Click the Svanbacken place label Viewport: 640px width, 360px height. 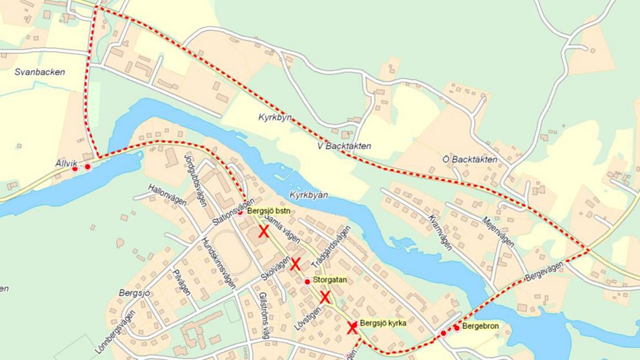click(40, 72)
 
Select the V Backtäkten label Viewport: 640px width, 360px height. click(345, 146)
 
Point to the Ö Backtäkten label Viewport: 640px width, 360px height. click(470, 159)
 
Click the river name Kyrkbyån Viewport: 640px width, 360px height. click(310, 194)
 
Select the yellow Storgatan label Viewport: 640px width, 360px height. click(330, 281)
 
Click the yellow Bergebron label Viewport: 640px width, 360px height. click(481, 327)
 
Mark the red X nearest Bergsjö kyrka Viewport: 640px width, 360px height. click(352, 327)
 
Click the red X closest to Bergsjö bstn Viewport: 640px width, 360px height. click(263, 232)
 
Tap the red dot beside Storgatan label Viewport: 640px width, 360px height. click(307, 281)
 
